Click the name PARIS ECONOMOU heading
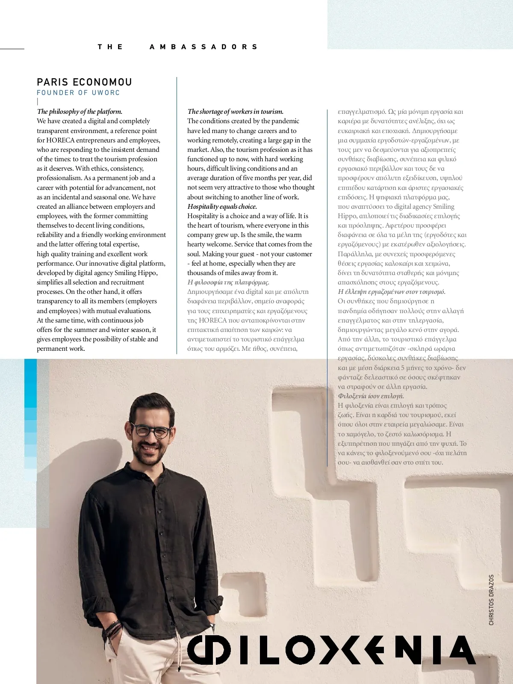click(x=84, y=82)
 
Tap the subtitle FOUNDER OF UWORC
click(x=78, y=93)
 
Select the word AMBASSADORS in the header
click(x=203, y=47)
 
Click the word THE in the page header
click(x=110, y=47)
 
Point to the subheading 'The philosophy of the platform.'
click(x=80, y=112)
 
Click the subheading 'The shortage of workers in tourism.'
click(x=235, y=112)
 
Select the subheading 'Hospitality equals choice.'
click(x=222, y=207)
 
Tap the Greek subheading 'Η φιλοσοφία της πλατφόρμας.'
click(x=228, y=282)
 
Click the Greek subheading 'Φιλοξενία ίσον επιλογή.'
click(x=371, y=396)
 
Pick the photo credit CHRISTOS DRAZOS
click(x=491, y=600)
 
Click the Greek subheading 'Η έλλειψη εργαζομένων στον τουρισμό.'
click(x=392, y=292)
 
